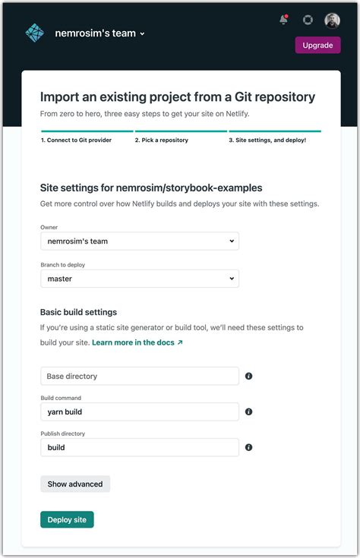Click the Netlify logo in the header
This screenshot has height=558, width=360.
pos(35,33)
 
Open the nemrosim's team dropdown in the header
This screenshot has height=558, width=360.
pos(99,33)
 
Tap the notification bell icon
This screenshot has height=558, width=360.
pos(284,20)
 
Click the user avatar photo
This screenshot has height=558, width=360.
pos(332,20)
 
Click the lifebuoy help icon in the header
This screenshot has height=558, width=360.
pos(308,20)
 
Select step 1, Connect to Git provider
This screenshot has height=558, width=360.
pos(77,140)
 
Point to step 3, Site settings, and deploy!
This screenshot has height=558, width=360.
pos(267,140)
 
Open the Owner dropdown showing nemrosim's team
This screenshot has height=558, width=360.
pos(139,241)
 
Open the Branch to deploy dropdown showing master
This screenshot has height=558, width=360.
pos(139,279)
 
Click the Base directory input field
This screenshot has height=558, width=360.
pos(139,376)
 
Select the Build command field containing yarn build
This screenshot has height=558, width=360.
pos(139,411)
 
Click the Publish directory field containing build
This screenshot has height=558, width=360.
pos(139,447)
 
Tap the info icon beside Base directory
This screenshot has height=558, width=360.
pos(248,376)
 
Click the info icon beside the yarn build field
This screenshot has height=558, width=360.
pos(248,411)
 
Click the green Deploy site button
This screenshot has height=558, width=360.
pos(67,519)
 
